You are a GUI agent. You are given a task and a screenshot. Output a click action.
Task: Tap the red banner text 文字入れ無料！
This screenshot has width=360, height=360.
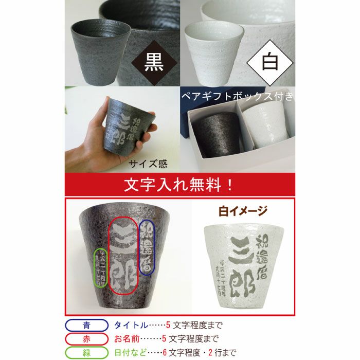[x=179, y=184]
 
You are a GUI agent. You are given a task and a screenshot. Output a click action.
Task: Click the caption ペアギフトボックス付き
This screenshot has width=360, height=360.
[x=237, y=96]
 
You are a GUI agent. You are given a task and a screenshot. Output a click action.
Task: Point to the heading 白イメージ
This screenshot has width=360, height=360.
[x=243, y=210]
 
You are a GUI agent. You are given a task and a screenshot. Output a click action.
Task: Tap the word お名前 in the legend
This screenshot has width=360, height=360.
[x=128, y=339]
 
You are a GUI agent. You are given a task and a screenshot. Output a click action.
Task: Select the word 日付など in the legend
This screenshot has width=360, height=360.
[x=132, y=352]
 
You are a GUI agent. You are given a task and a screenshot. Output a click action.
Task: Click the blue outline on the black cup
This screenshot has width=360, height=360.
[x=147, y=245]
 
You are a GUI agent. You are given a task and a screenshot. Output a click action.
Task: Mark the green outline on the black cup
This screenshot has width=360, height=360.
[x=99, y=267]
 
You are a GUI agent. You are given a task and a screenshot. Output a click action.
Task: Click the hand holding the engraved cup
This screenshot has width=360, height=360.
[x=82, y=144]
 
